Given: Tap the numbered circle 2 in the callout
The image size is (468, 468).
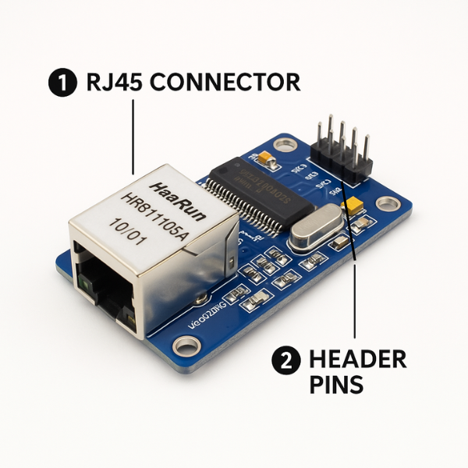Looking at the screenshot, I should point(285,360).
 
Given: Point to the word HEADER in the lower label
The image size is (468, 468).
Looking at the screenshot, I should point(358,360).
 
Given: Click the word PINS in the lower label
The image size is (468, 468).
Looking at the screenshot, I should point(336,385).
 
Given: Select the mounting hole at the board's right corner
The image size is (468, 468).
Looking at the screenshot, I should point(387,204).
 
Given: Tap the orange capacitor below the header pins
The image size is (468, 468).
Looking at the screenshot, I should point(354,207).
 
